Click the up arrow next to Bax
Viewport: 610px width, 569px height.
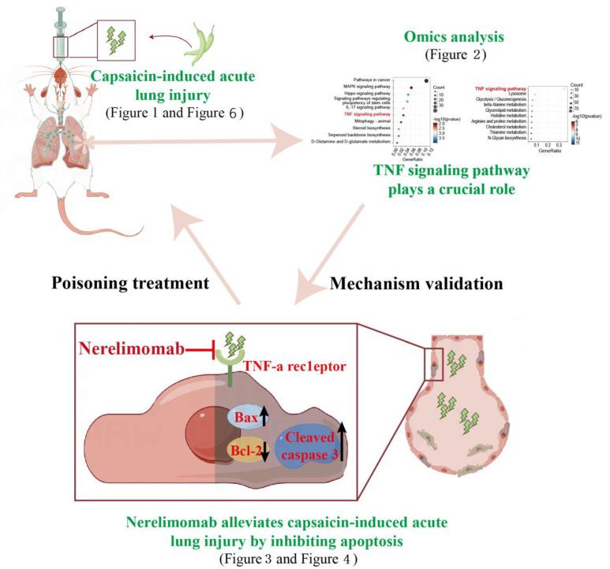264,415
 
